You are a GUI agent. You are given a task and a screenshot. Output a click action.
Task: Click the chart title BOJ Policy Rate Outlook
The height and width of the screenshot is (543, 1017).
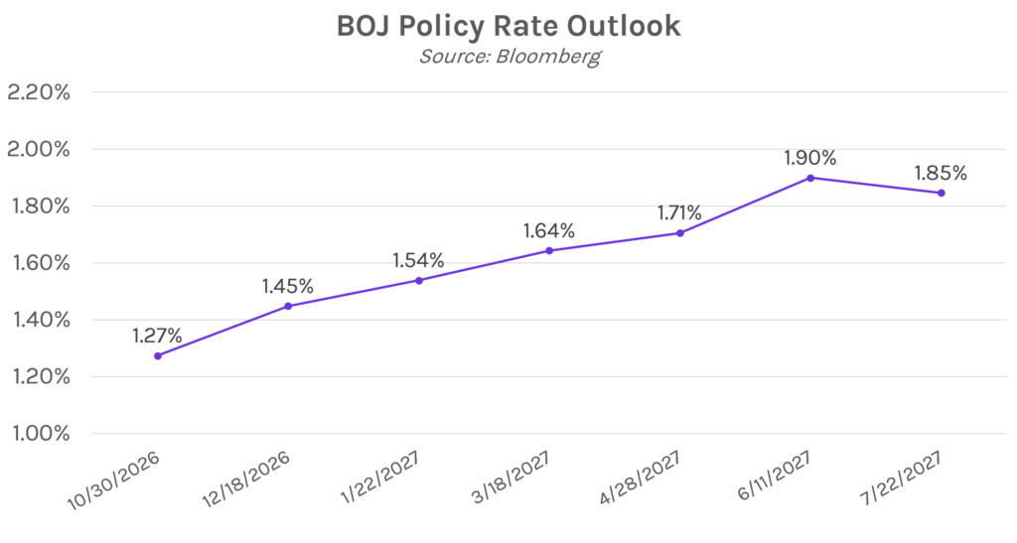click(508, 27)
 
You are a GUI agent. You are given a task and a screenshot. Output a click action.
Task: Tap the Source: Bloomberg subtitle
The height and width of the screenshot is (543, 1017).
click(509, 57)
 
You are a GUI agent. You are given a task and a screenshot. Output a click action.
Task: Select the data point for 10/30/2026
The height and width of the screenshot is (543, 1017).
click(158, 355)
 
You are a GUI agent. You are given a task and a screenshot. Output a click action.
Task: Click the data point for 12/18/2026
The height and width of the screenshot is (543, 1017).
click(288, 306)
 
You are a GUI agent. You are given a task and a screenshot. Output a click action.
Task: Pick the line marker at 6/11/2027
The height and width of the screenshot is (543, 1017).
click(810, 178)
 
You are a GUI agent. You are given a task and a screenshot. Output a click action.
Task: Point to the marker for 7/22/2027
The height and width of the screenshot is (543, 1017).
click(942, 193)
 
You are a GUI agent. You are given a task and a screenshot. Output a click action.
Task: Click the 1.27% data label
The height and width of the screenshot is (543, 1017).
click(158, 336)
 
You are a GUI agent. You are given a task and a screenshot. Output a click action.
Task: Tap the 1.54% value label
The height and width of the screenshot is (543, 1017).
click(418, 260)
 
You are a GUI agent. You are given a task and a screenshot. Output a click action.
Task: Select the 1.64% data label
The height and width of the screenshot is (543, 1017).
click(549, 230)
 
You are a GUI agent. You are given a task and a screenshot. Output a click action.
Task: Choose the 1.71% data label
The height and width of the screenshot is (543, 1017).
click(679, 212)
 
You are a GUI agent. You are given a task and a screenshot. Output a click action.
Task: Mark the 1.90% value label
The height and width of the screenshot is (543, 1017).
click(810, 158)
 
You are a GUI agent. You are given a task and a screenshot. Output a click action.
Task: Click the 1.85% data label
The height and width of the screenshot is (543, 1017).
click(942, 173)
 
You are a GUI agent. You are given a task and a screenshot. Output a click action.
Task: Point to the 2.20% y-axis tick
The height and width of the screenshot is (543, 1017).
click(39, 92)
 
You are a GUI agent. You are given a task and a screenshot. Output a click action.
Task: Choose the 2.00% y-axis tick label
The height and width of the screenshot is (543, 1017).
click(39, 150)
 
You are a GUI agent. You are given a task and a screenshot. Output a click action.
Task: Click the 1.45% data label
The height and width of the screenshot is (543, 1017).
click(288, 286)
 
